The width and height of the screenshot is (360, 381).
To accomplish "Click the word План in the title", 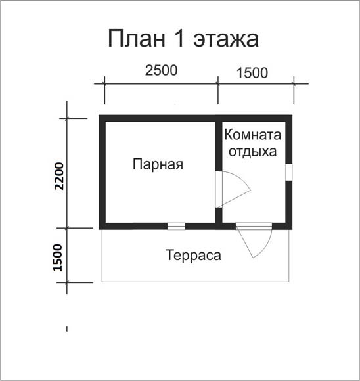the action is tap(137, 39).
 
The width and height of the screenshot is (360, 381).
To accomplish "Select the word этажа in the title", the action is tap(226, 40).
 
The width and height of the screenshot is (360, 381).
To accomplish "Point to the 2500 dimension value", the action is tap(162, 70).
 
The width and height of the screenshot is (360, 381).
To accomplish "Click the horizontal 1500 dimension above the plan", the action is tap(252, 73).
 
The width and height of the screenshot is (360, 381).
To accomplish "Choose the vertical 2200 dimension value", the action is tap(59, 176).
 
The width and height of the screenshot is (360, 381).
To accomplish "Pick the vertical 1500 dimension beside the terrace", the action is tap(58, 258).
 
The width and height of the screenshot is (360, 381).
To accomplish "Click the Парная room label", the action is tap(158, 164).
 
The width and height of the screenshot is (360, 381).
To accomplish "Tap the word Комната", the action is tap(252, 135).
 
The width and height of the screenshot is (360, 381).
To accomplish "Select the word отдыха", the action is tap(253, 152).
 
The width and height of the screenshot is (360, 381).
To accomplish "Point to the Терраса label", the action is tap(194, 256).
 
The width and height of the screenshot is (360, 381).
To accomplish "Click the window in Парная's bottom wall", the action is tap(176, 226).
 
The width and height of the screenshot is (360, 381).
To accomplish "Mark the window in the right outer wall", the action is tap(289, 172).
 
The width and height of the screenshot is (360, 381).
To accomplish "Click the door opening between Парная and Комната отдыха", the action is tap(219, 190).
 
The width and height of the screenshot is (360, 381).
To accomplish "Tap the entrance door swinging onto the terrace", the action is tap(254, 240).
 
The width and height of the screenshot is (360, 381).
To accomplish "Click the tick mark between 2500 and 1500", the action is tap(218, 84).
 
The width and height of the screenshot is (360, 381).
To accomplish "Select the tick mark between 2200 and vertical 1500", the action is tap(67, 228).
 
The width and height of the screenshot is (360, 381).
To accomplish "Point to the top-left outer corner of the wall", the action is tap(99, 115).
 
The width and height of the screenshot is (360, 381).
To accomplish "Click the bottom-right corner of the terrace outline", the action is tap(289, 282).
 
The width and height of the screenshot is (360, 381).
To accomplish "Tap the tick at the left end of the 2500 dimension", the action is tap(104, 84).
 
